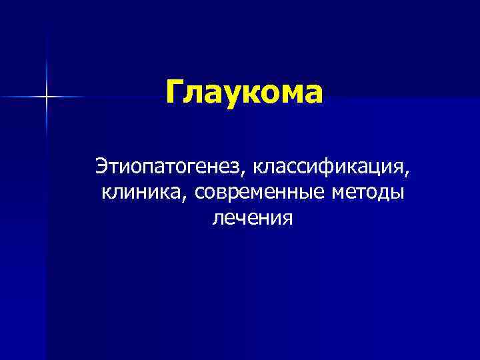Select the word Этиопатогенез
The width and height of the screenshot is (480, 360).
(x=170, y=164)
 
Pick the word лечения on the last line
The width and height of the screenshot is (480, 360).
(x=252, y=218)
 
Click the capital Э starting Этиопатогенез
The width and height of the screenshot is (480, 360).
(x=102, y=164)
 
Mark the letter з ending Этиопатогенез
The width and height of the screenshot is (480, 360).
(x=239, y=165)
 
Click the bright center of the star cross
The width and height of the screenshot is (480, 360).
(x=47, y=97)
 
